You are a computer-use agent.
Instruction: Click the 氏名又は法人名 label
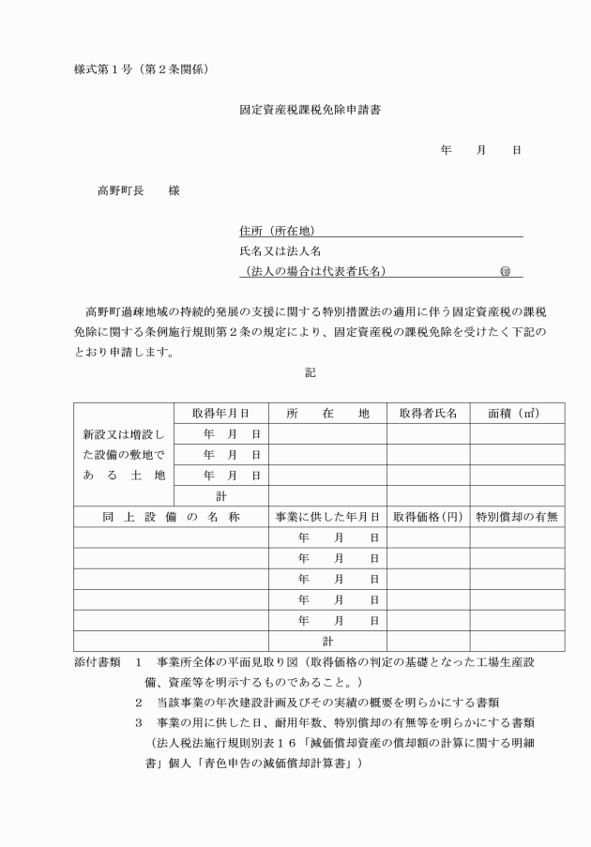[280, 251]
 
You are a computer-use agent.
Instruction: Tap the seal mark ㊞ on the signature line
[505, 272]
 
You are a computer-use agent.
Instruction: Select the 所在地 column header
[327, 413]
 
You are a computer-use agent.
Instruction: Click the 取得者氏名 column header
[428, 413]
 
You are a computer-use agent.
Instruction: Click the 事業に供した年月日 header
[327, 517]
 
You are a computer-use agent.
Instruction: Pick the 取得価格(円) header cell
[428, 517]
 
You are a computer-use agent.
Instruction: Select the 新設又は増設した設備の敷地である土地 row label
[124, 454]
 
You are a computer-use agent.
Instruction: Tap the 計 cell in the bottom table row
[327, 642]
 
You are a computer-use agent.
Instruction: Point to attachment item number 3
[138, 722]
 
